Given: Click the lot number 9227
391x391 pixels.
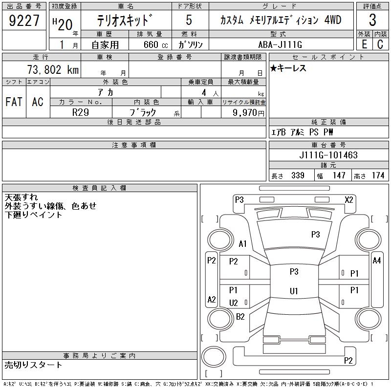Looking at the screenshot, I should click(24, 21).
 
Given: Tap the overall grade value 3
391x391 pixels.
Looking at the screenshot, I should click(372, 21).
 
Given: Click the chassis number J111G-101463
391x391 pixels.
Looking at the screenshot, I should click(328, 155).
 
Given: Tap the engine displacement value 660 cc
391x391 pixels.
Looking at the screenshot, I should click(152, 44).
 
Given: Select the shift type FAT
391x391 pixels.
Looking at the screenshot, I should click(14, 102).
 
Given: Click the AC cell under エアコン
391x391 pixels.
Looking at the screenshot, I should click(38, 102).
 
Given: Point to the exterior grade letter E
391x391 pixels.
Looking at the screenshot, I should click(364, 44).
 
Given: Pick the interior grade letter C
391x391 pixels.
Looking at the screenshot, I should click(380, 44).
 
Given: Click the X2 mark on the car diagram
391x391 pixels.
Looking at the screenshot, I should click(348, 199).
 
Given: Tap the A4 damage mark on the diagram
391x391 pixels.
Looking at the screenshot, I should click(376, 261).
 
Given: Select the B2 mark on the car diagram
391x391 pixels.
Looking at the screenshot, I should click(240, 317).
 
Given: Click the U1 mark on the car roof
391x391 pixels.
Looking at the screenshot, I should click(293, 291).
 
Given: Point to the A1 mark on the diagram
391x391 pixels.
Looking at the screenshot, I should click(242, 244).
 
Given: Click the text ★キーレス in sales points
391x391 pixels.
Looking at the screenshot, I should click(288, 68).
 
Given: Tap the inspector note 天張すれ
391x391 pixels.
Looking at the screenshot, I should click(21, 197).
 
